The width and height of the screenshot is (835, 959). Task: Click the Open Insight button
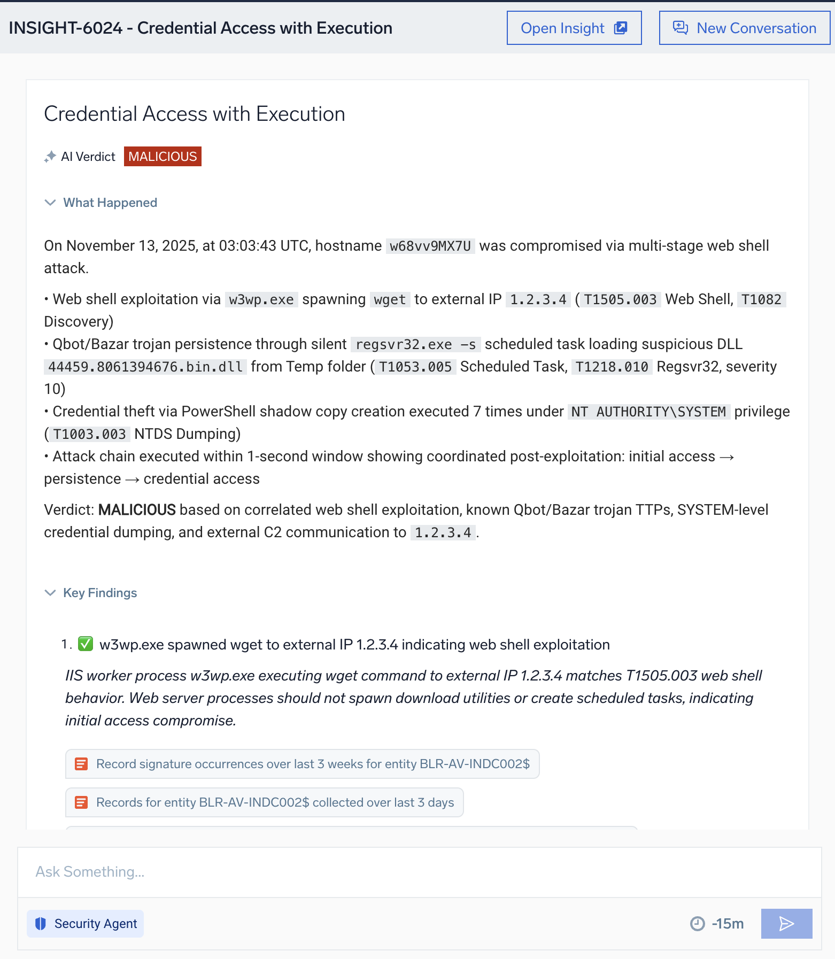tap(574, 28)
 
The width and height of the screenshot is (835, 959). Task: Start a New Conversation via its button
tap(744, 28)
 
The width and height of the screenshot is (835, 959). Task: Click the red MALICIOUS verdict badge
tap(163, 157)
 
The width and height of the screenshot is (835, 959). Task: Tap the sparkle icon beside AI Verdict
tap(50, 157)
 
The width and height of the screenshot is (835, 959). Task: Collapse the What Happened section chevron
tap(50, 203)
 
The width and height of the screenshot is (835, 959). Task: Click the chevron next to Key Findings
tap(50, 593)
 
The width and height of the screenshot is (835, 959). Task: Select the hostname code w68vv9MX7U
tap(430, 246)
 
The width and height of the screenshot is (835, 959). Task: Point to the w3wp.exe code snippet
tap(261, 299)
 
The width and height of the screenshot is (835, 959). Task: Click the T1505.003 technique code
tap(620, 299)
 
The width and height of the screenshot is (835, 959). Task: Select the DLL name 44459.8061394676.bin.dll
tap(145, 367)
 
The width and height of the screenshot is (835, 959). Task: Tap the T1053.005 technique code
tap(415, 367)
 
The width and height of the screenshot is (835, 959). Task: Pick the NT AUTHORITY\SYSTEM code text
tap(648, 412)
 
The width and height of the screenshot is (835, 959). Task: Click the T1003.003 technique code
tap(90, 434)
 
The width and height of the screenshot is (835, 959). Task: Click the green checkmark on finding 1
tap(86, 644)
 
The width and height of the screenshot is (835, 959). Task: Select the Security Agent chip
tap(86, 924)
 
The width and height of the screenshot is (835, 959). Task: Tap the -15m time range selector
tap(717, 924)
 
